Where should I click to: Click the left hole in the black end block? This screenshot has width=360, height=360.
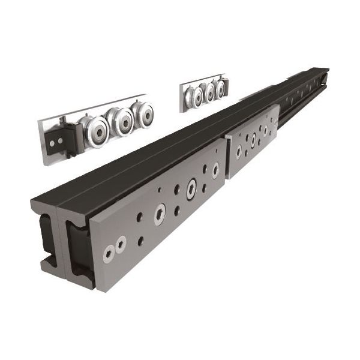point(53,142)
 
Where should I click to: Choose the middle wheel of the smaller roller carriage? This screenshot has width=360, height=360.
point(209,92)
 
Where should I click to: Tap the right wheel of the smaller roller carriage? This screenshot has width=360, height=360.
point(220,88)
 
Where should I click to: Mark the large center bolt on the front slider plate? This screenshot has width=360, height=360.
point(160,213)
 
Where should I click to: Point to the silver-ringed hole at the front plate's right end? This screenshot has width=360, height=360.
point(215,170)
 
